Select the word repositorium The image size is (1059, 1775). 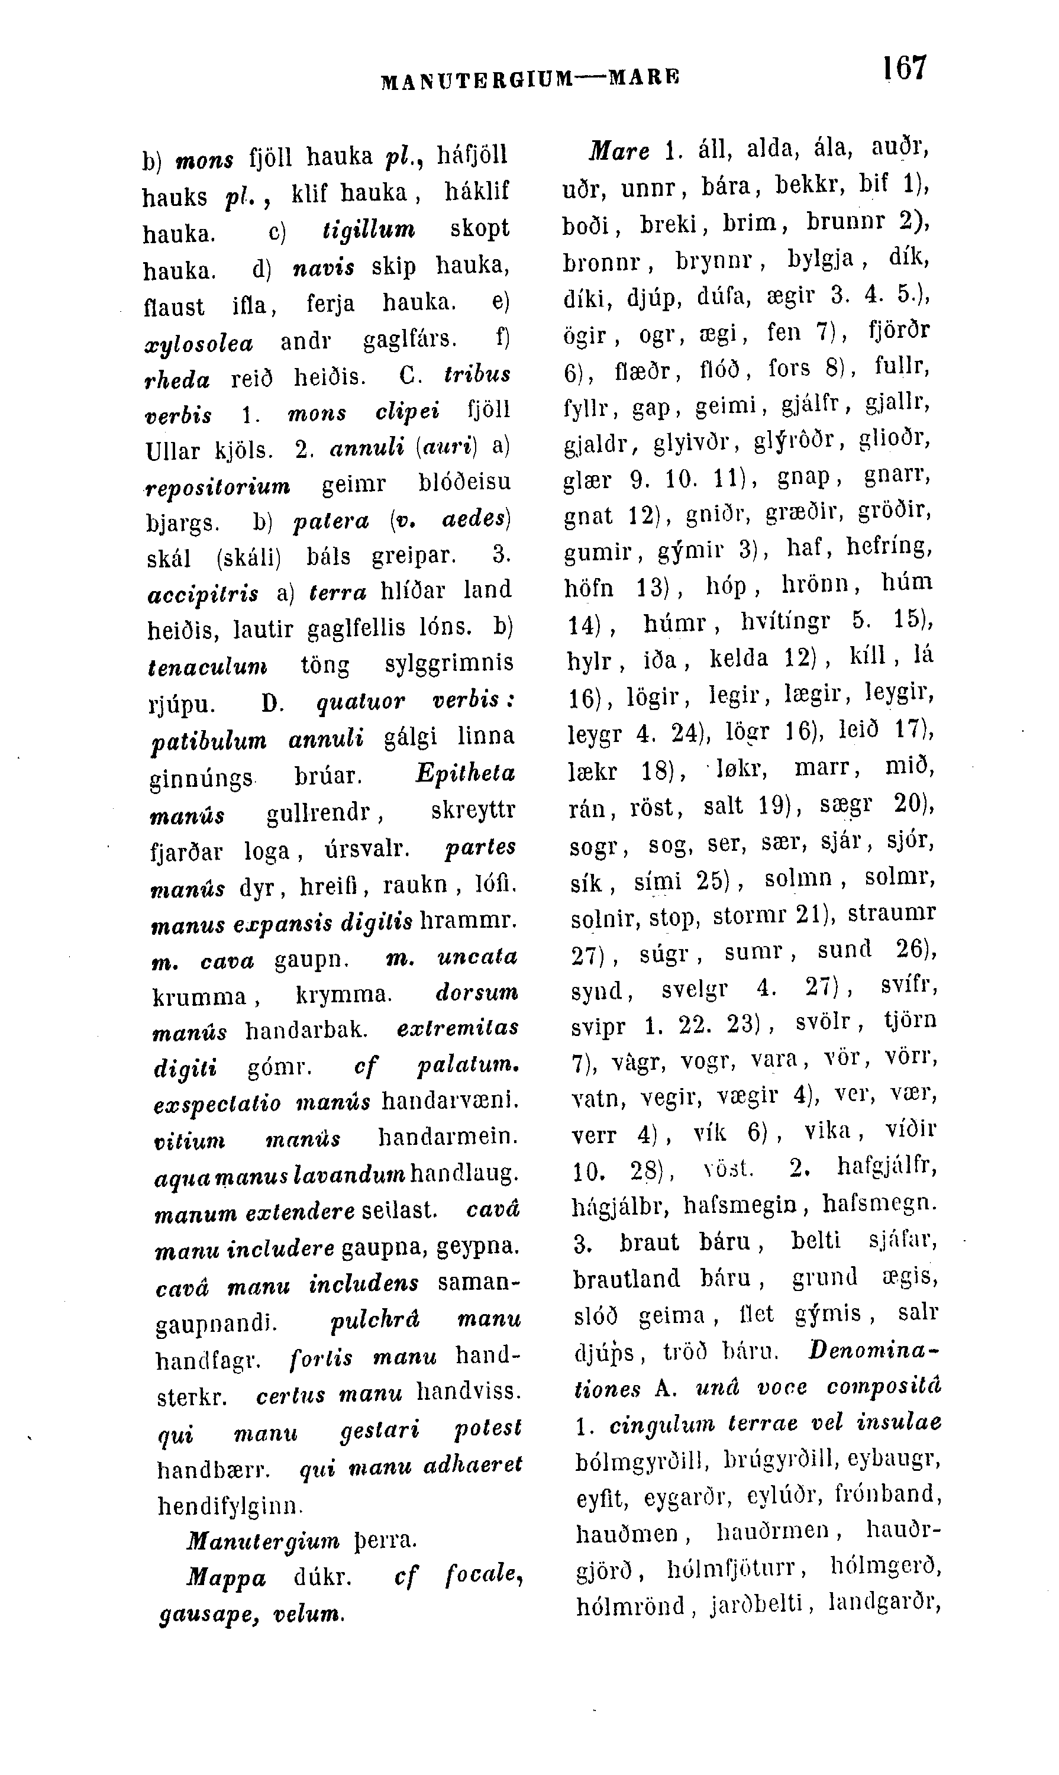[218, 486]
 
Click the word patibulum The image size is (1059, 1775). [208, 740]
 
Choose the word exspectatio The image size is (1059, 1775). [218, 1103]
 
